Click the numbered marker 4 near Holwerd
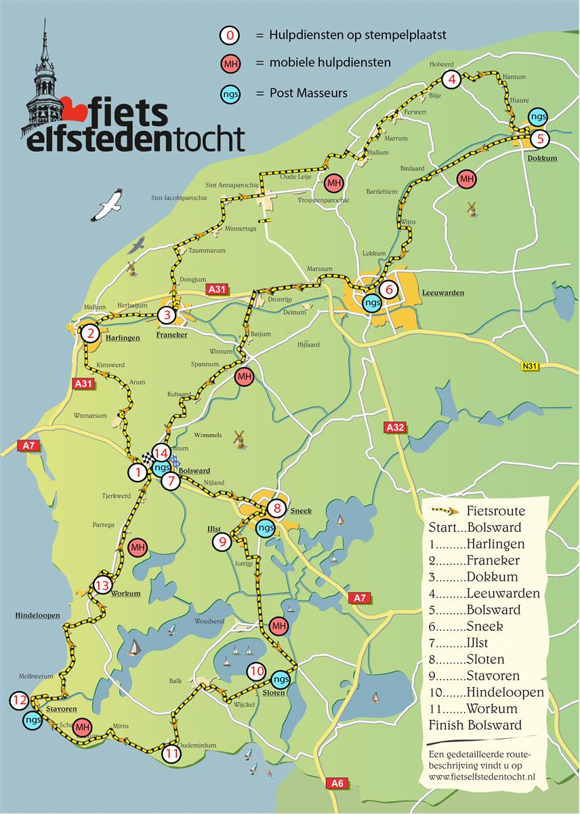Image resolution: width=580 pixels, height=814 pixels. point(452,80)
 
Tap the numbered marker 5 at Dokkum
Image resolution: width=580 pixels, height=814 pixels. point(539,139)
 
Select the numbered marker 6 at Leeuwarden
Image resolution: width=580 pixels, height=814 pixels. point(388,289)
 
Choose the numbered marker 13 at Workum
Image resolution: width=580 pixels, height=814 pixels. point(102,585)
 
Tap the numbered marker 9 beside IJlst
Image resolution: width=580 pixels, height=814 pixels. point(222,541)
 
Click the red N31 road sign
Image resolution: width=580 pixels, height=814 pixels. point(531,367)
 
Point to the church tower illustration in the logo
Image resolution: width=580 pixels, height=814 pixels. point(43,81)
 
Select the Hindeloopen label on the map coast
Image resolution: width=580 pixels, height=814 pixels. point(37,615)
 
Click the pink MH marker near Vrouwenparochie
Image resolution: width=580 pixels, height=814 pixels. point(333,182)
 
